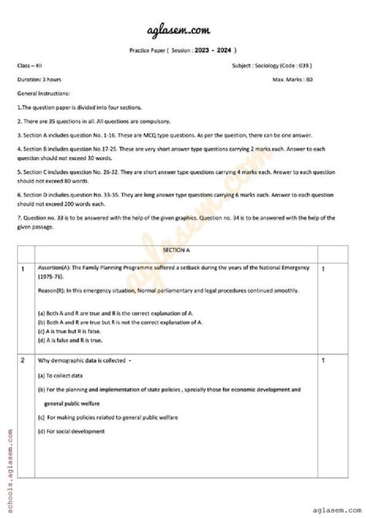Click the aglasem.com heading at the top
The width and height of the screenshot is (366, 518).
tap(184, 29)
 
